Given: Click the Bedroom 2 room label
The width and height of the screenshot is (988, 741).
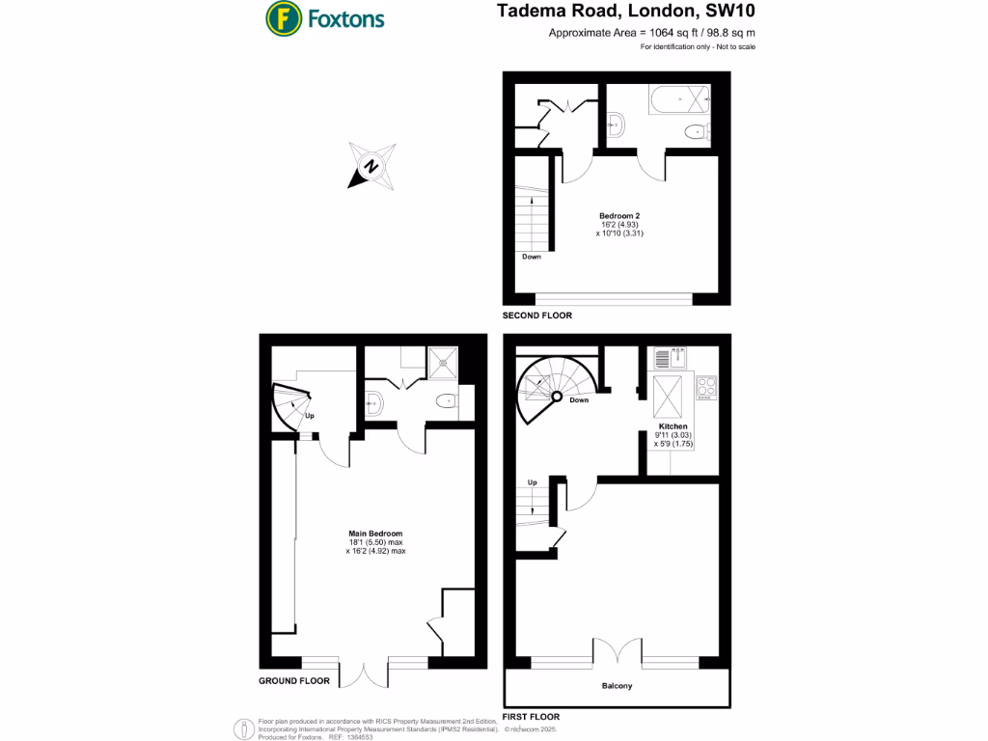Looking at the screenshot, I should coord(619,215).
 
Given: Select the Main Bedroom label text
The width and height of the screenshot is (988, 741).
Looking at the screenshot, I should coord(375,534).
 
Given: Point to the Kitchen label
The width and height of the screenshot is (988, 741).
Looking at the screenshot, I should coord(672,426).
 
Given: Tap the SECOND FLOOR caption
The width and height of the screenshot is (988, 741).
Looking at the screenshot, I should coord(537,316).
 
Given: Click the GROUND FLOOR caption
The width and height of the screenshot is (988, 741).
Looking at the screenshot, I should coord(294,681).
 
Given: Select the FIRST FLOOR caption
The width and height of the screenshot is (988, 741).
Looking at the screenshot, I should coord(531,717).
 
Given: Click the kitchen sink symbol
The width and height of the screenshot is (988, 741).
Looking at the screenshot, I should coord(671,358).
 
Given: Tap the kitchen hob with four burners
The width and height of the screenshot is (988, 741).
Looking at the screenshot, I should coord(704,389).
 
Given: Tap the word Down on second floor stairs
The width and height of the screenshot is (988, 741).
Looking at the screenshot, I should coord(532,257).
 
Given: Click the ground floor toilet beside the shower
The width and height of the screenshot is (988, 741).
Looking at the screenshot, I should coord(447,401).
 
